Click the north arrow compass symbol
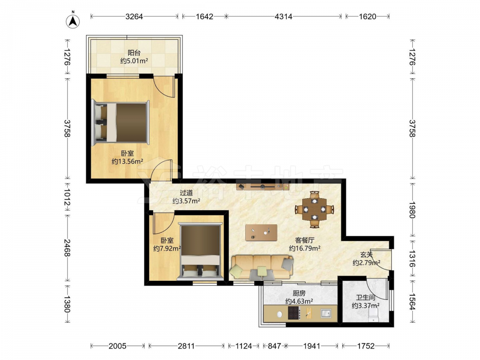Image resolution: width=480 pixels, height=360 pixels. tap(73, 21)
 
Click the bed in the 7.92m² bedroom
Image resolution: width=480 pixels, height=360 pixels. tap(201, 252)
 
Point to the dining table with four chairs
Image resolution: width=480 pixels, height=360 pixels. tap(314, 209)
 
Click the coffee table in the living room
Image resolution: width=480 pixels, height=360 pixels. tap(262, 233)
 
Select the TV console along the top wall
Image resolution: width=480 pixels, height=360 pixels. tap(263, 186)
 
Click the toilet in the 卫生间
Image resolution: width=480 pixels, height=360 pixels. tap(373, 315)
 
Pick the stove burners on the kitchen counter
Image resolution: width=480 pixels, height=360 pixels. tap(294, 313)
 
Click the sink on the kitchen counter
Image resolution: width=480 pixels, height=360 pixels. tap(326, 313)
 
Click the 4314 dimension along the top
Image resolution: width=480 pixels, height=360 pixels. tap(284, 16)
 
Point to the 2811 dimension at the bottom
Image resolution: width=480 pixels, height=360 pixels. tap(186, 346)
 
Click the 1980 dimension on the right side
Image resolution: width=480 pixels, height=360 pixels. tap(412, 210)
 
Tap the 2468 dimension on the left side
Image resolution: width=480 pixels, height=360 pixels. tap(67, 248)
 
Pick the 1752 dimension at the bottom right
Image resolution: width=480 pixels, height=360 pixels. tap(366, 346)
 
